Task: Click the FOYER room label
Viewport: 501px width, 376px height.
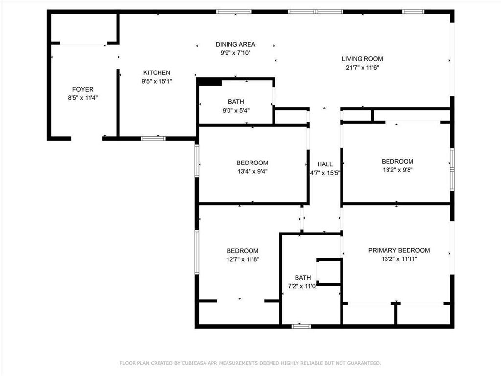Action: coord(83,89)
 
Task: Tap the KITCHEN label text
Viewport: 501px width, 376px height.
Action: coord(157,72)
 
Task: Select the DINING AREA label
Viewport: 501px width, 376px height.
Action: coord(235,44)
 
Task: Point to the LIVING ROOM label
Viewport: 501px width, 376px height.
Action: coord(363,59)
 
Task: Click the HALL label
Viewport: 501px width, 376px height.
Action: coord(325,164)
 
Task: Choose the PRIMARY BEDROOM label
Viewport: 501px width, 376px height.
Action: coord(399,250)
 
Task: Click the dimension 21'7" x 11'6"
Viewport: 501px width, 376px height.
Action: coord(363,68)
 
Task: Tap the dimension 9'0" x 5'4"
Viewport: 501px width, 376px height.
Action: coord(236,111)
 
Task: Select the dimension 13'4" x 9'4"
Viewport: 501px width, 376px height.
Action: coord(252,171)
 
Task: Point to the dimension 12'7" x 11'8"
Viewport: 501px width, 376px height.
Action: coord(243,259)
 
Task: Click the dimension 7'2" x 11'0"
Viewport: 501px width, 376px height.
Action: coord(302,286)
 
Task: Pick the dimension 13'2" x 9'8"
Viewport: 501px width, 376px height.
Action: coord(398,170)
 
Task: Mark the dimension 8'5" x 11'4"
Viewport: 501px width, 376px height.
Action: coord(83,98)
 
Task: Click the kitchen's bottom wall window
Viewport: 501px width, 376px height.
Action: coord(153,139)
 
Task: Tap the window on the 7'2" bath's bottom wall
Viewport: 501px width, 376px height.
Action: coord(301,326)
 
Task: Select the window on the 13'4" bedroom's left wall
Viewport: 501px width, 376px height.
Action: coord(197,161)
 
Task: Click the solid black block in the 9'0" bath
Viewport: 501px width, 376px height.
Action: coord(209,82)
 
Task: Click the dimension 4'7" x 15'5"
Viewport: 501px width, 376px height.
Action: coord(325,173)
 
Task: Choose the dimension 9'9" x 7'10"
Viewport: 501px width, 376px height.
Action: coord(235,53)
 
